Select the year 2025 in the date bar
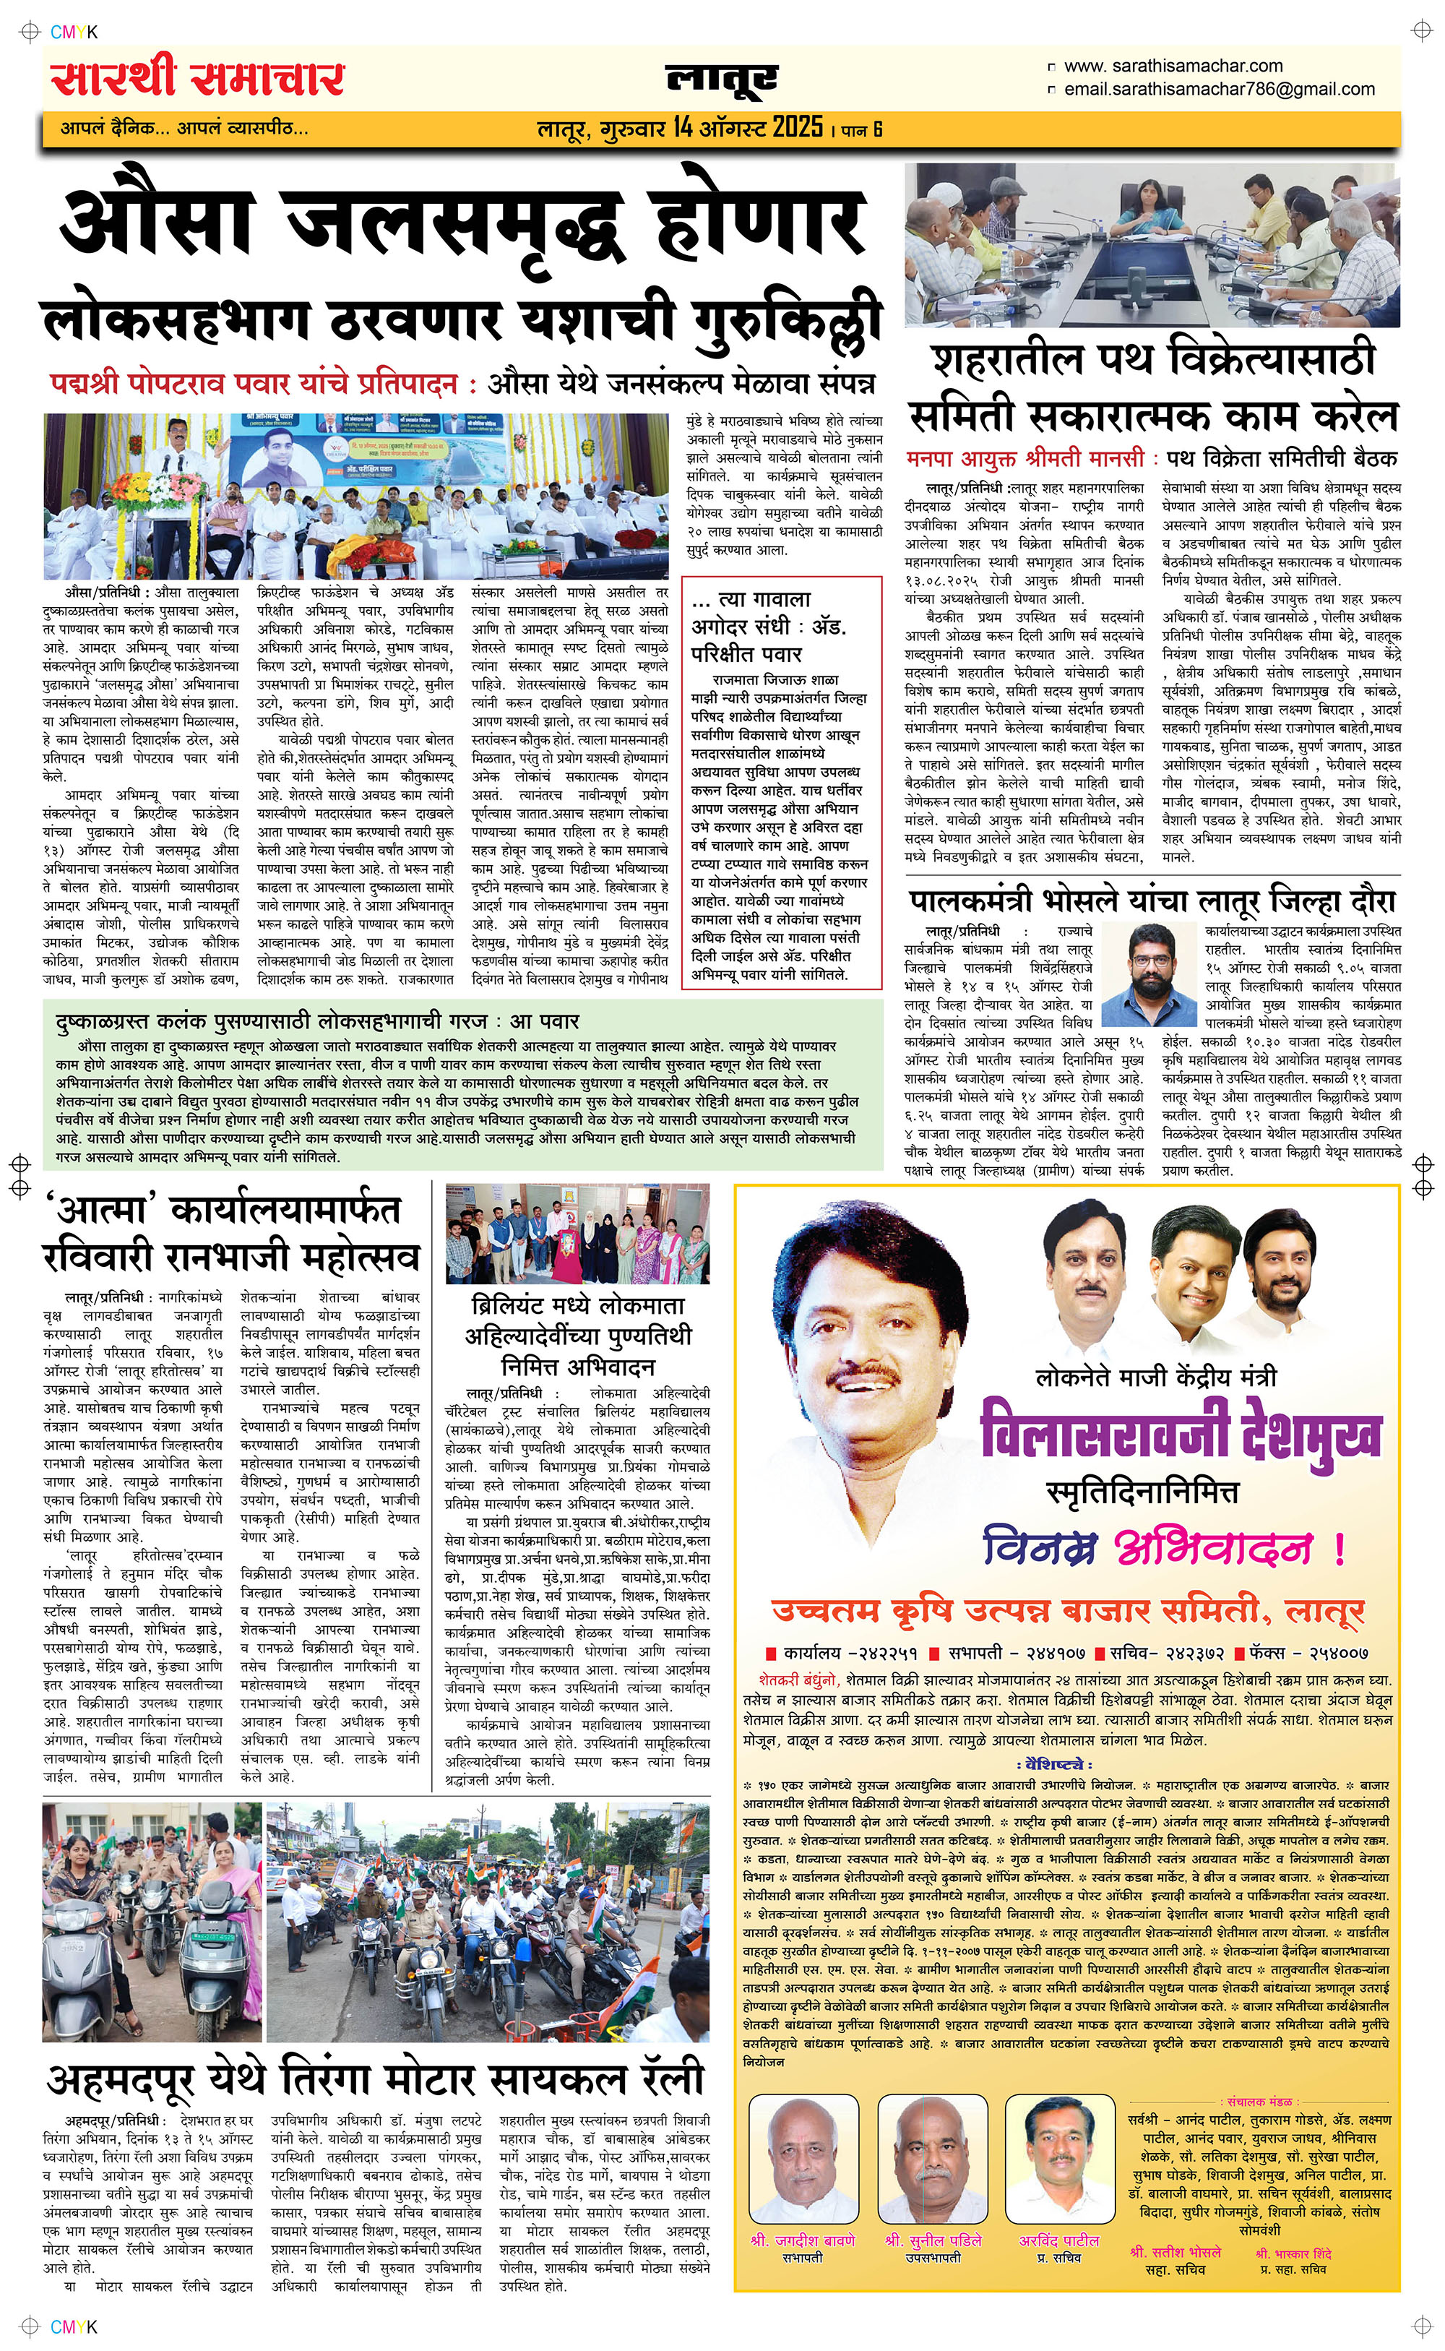pos(797,127)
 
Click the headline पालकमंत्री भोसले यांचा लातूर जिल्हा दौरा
pos(1152,901)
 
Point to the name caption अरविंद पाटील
pos(1059,2240)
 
